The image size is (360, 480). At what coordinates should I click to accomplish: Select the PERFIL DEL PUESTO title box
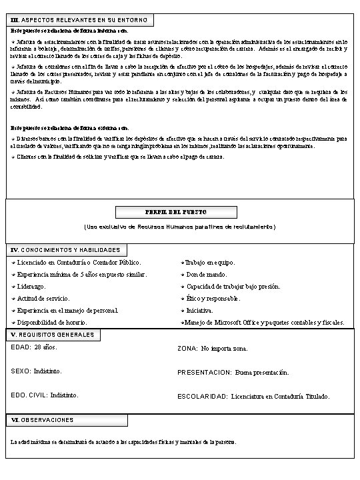point(180,212)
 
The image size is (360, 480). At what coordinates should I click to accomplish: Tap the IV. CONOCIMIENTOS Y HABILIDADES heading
point(65,250)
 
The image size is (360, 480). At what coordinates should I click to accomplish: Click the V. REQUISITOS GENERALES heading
point(53,335)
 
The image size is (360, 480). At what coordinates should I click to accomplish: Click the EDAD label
point(21,347)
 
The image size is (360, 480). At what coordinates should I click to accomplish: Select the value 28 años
point(46,347)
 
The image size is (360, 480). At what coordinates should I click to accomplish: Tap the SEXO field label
point(21,371)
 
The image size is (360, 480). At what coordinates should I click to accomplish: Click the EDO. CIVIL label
point(29,395)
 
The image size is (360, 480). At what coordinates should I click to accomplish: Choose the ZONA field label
point(187,348)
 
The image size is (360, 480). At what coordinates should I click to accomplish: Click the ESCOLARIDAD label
point(203,396)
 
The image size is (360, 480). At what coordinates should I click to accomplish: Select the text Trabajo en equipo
point(210,263)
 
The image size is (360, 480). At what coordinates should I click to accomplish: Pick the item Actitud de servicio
point(43,299)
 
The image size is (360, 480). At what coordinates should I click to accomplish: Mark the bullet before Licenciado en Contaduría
point(13,263)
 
